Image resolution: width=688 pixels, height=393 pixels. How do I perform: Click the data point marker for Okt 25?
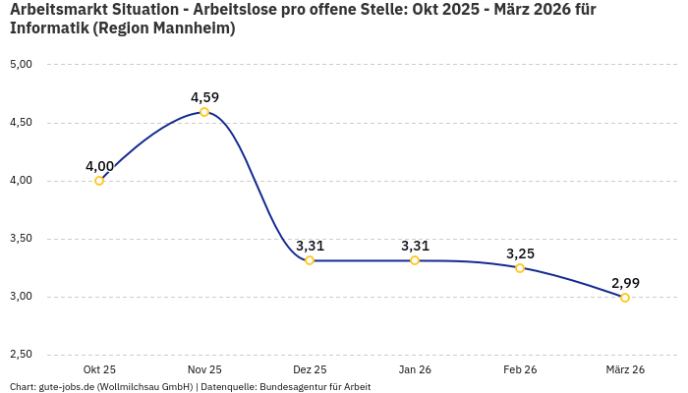coord(99,181)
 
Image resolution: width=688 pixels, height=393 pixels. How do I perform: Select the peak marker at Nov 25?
coord(204,112)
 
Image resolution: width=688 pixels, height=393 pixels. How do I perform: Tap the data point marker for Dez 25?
coord(310,260)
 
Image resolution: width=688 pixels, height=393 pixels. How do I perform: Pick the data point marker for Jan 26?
coord(415,260)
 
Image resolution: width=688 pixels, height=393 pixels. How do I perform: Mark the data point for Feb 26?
coord(520,267)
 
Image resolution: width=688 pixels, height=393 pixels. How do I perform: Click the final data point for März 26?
coord(625,298)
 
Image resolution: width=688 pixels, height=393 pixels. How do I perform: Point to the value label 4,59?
coord(204,97)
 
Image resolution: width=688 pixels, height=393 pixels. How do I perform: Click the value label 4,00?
coord(99,166)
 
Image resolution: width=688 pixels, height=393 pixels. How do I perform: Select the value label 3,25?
coord(520,253)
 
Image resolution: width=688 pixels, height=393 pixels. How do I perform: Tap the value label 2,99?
coord(625,283)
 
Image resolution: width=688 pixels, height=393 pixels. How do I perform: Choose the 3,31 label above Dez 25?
coord(310,246)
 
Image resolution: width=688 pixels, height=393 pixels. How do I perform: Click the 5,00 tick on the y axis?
coord(21,65)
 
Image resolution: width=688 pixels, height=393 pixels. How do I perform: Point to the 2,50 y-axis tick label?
coord(21,355)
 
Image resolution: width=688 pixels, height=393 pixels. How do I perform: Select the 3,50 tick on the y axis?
coord(21,239)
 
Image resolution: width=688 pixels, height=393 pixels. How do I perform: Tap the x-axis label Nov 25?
coord(204,369)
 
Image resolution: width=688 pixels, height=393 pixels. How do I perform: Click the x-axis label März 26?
coord(625,369)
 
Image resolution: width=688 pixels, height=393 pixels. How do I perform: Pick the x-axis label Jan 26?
coord(415,369)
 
